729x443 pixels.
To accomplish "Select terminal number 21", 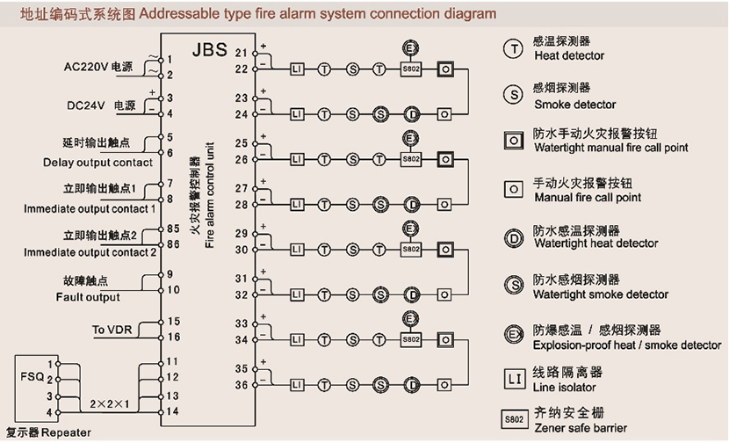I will (241, 54).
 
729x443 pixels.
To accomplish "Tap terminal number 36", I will (241, 384).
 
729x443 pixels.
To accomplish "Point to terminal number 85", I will (173, 229).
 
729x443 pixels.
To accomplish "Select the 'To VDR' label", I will (112, 330).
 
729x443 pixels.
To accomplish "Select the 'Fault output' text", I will (87, 298).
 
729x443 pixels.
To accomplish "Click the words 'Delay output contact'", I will (97, 163).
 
